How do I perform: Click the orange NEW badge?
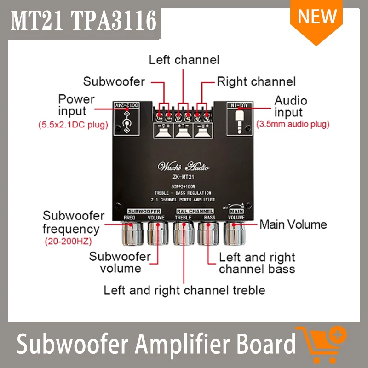point(317,18)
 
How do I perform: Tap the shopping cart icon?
point(321,344)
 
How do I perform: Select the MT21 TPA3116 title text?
point(83,20)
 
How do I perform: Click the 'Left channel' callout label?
point(184,60)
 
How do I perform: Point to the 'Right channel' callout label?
point(256,82)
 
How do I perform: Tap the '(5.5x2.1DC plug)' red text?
point(72,125)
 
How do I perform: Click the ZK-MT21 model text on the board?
point(183,178)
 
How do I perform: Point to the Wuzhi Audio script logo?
point(183,166)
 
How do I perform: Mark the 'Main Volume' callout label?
point(293,224)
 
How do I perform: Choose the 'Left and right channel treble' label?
point(184,290)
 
